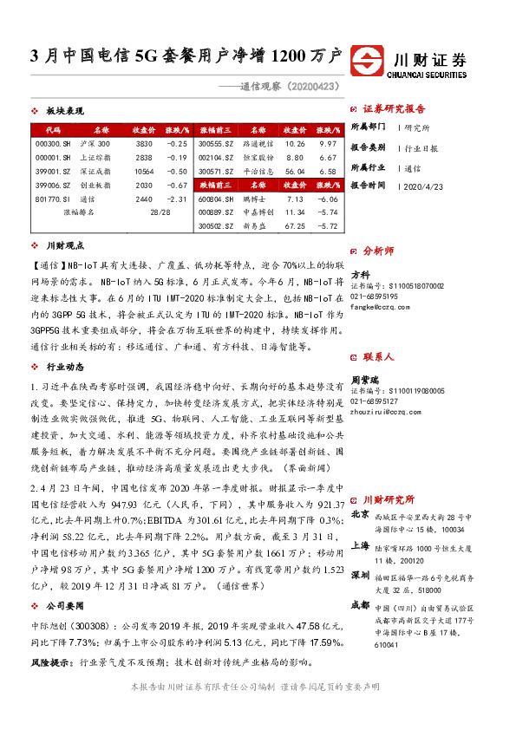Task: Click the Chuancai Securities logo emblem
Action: (x=371, y=60)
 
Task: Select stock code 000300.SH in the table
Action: (x=51, y=143)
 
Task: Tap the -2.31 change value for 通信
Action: (x=177, y=199)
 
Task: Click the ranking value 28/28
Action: (x=160, y=212)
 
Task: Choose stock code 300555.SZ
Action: (x=216, y=143)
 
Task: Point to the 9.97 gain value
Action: (x=327, y=143)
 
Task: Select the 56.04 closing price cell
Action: (x=295, y=171)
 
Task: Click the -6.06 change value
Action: (x=327, y=199)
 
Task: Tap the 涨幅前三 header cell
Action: (x=216, y=129)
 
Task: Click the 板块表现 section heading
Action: (x=64, y=111)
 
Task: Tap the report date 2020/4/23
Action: (x=422, y=186)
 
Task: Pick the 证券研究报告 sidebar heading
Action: (x=395, y=109)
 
